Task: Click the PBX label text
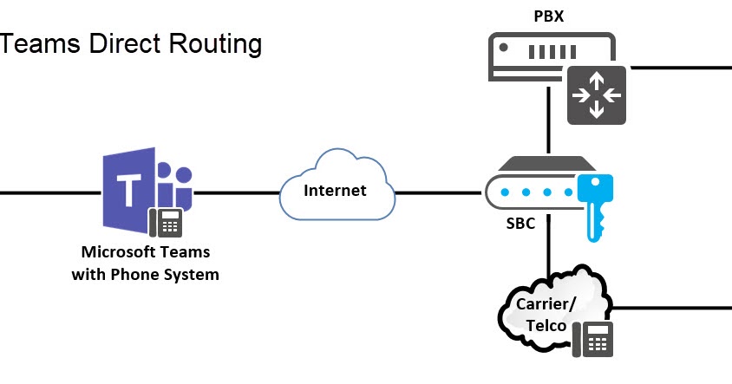pyautogui.click(x=549, y=16)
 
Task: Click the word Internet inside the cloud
pyautogui.click(x=335, y=190)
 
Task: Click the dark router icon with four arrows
pyautogui.click(x=596, y=94)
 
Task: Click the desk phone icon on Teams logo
pyautogui.click(x=166, y=222)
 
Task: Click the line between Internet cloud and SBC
pyautogui.click(x=438, y=192)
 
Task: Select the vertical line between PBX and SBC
pyautogui.click(x=548, y=121)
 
